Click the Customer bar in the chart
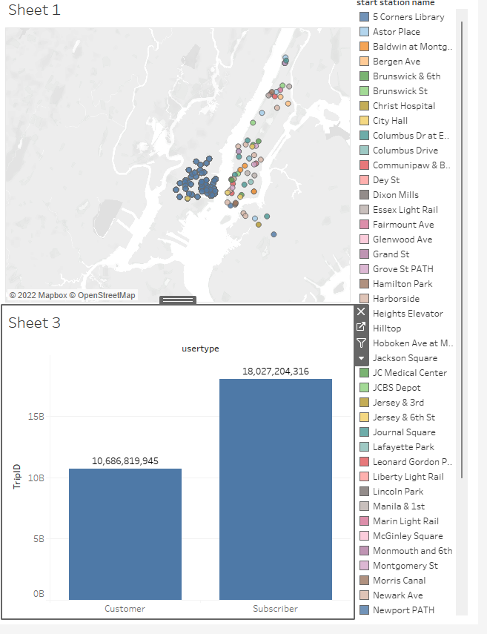pos(125,534)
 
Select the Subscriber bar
pos(275,489)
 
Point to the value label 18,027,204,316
pos(275,371)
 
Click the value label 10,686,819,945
pos(125,460)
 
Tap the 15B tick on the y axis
pos(36,416)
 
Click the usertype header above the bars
pos(200,348)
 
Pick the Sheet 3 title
pos(34,323)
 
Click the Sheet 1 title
pos(34,10)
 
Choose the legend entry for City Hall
pos(390,121)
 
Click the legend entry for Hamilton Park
pos(402,284)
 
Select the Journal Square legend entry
pos(404,432)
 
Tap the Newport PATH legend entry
pos(403,610)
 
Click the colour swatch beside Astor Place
pos(364,32)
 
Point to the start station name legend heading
pos(405,3)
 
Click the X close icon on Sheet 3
pos(361,311)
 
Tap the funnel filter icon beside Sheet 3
pos(361,343)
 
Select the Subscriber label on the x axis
pos(275,609)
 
